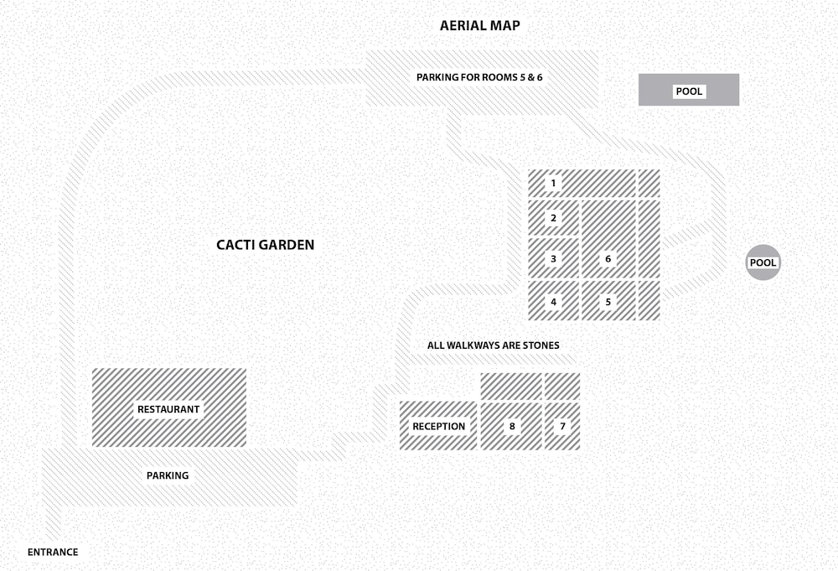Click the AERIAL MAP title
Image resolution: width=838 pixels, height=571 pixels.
pyautogui.click(x=479, y=25)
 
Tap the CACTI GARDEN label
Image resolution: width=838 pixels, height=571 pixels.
pyautogui.click(x=265, y=245)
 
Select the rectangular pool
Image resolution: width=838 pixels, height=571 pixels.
pyautogui.click(x=689, y=91)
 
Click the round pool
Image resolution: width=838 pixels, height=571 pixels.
pyautogui.click(x=763, y=262)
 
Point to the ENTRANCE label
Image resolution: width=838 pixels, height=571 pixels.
pyautogui.click(x=53, y=552)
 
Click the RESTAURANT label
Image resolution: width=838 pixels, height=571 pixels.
pyautogui.click(x=168, y=409)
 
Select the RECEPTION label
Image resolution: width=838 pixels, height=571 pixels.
pyautogui.click(x=438, y=426)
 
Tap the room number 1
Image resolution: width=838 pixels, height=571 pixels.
pyautogui.click(x=553, y=183)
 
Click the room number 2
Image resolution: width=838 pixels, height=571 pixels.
pyautogui.click(x=553, y=219)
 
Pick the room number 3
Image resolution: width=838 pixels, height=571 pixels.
pyautogui.click(x=553, y=259)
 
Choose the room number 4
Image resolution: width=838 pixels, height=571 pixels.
pyautogui.click(x=553, y=302)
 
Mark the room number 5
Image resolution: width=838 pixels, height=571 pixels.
pyautogui.click(x=608, y=302)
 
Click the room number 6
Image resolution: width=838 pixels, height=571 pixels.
pyautogui.click(x=608, y=259)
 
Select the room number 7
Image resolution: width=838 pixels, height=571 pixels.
pyautogui.click(x=562, y=426)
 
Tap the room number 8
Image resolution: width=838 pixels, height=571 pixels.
pyautogui.click(x=511, y=426)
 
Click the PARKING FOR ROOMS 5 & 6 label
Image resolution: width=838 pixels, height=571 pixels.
pyautogui.click(x=479, y=77)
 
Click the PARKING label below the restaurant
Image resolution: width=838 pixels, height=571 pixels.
pyautogui.click(x=168, y=475)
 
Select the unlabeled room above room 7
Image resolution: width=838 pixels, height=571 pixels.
pyautogui.click(x=562, y=386)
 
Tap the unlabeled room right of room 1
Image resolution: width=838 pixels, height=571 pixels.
pyautogui.click(x=649, y=183)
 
